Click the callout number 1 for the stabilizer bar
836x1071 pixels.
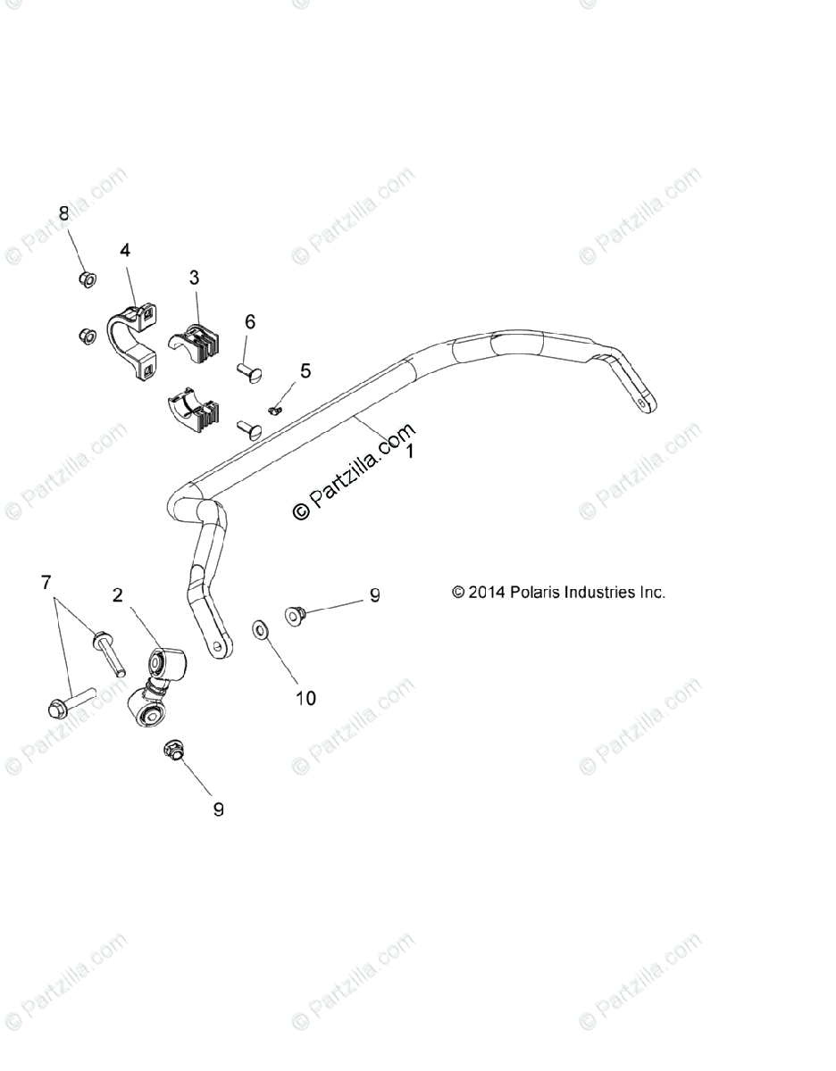click(409, 452)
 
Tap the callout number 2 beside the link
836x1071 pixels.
click(117, 594)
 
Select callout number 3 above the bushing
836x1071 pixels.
click(194, 278)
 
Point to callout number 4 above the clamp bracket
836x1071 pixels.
click(125, 251)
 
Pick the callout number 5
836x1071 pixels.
click(305, 370)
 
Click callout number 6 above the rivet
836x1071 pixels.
click(250, 321)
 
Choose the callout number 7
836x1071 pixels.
click(46, 583)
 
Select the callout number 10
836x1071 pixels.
click(305, 698)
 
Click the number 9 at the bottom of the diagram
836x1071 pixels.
click(218, 809)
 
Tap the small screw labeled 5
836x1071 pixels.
click(276, 409)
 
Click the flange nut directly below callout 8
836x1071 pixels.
click(88, 279)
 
